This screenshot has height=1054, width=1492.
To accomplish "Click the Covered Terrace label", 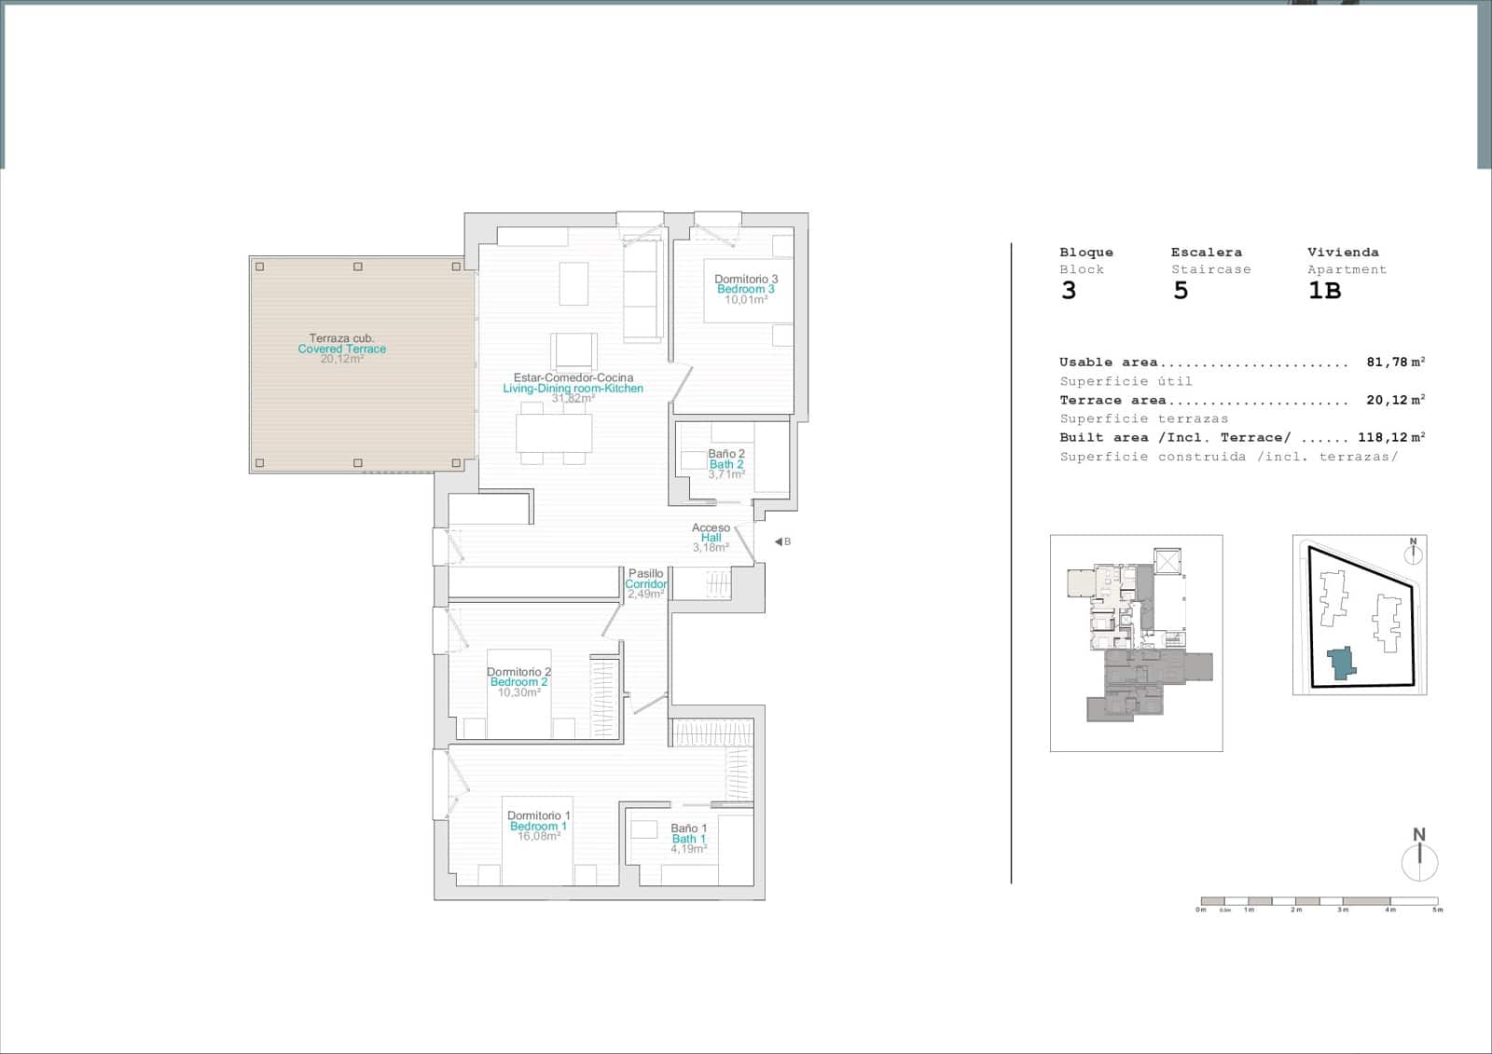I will (341, 349).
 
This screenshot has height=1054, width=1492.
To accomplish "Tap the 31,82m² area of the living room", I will (573, 399).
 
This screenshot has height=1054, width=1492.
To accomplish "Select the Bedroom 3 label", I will (745, 290).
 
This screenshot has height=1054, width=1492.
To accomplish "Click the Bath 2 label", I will (726, 464).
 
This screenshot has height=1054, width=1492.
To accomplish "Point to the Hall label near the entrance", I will (711, 538).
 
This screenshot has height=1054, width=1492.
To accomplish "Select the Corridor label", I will (645, 584).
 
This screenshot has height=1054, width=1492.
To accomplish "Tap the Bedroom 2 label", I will (518, 682).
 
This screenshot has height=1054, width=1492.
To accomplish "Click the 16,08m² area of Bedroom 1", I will (538, 837).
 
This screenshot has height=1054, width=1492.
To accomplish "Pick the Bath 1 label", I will (688, 839).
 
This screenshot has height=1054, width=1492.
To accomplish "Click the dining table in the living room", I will (554, 432).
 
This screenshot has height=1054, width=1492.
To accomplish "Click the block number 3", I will (1069, 291).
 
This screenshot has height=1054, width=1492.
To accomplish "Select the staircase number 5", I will (1181, 291).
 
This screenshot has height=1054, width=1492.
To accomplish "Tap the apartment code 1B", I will (1324, 291).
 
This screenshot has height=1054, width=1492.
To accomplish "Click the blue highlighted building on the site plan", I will (1342, 663).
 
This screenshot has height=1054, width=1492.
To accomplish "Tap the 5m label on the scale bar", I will (1437, 910).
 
